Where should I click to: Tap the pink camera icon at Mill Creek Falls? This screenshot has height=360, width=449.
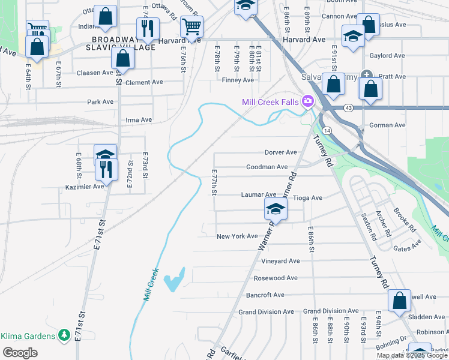309,101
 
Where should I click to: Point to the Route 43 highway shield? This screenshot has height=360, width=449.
349,107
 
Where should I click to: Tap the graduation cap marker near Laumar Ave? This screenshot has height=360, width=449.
276,208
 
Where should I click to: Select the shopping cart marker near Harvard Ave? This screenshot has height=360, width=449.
191,26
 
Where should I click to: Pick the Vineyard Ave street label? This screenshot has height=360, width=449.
280,261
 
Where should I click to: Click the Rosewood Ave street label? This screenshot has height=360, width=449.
276,278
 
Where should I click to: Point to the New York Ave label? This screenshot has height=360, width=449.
237,236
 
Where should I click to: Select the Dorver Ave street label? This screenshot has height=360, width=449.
281,152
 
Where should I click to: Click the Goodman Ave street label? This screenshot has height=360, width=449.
266,167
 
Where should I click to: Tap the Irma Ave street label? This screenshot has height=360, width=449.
139,120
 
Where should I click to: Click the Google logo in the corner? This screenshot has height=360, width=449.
20,353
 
